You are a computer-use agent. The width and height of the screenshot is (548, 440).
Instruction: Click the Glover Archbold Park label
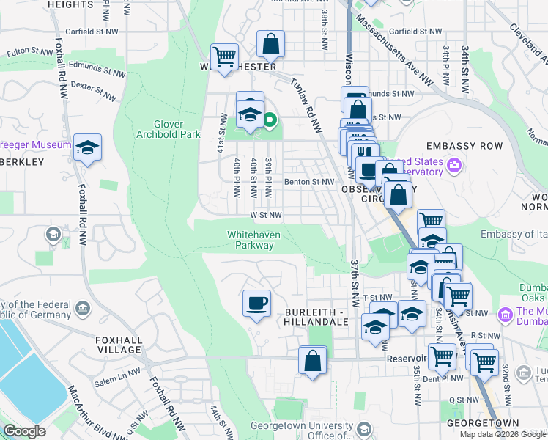[x=168, y=129]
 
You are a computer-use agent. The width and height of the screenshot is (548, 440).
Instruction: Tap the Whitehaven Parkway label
[x=250, y=240]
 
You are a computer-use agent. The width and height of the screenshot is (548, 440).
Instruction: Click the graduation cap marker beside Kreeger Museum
[x=87, y=147]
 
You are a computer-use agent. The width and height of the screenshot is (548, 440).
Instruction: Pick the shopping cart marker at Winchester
[x=224, y=56]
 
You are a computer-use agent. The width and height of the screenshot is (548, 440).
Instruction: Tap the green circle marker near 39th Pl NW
[x=270, y=120]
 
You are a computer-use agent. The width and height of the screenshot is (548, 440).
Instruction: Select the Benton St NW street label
[x=313, y=181]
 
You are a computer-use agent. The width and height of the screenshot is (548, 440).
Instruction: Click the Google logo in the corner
[x=24, y=431]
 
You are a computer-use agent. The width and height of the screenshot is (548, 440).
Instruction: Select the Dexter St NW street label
[x=95, y=92]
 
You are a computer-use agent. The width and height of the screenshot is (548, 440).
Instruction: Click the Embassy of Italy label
[x=514, y=234]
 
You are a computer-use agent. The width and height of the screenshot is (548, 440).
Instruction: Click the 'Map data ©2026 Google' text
[x=503, y=434]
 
